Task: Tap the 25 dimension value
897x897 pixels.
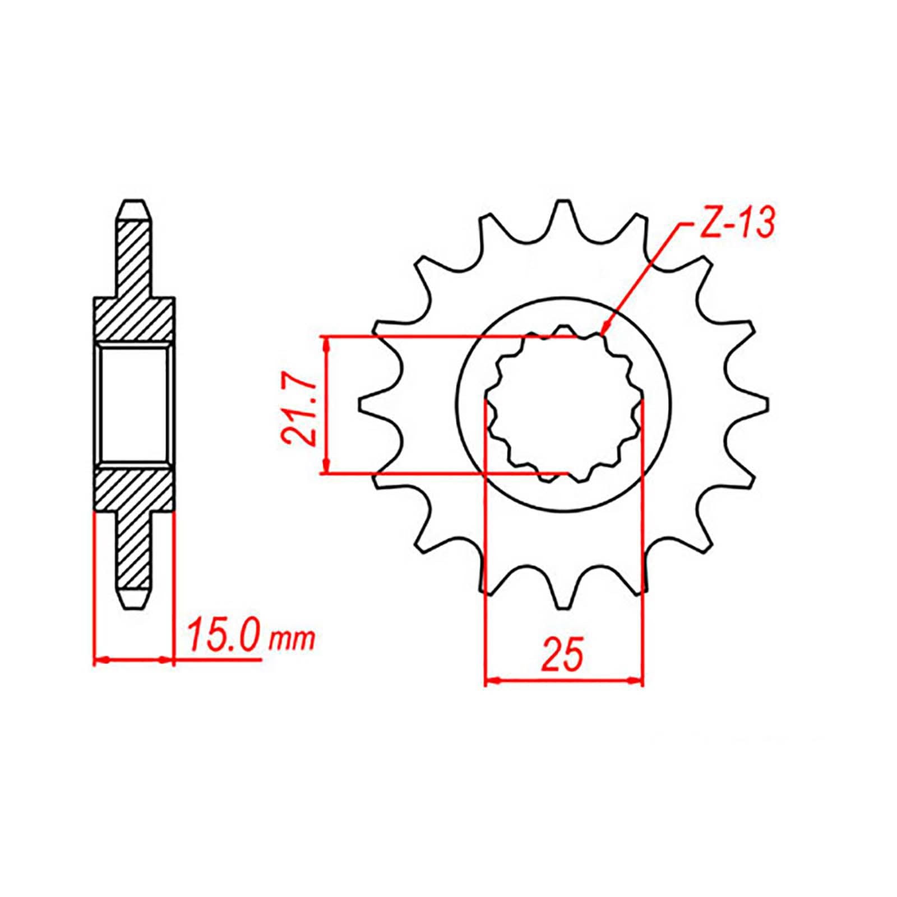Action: click(562, 654)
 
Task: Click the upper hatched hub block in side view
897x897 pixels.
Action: click(133, 320)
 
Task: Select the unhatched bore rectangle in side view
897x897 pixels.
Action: click(133, 404)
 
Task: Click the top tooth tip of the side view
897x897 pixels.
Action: click(134, 203)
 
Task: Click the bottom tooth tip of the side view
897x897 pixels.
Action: click(134, 605)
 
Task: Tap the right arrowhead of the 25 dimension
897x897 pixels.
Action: click(639, 681)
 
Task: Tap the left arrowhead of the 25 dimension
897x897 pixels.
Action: click(489, 681)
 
